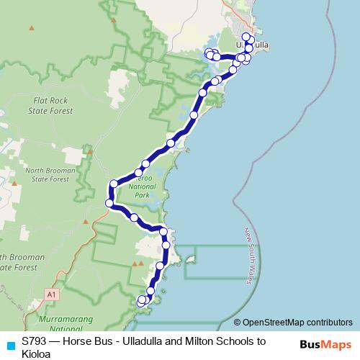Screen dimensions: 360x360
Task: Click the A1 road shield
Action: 51,294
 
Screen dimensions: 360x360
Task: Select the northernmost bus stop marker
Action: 246,37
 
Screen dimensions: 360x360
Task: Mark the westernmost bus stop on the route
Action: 109,204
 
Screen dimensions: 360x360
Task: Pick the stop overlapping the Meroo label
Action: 139,173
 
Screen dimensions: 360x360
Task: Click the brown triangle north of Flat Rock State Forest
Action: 31,28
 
